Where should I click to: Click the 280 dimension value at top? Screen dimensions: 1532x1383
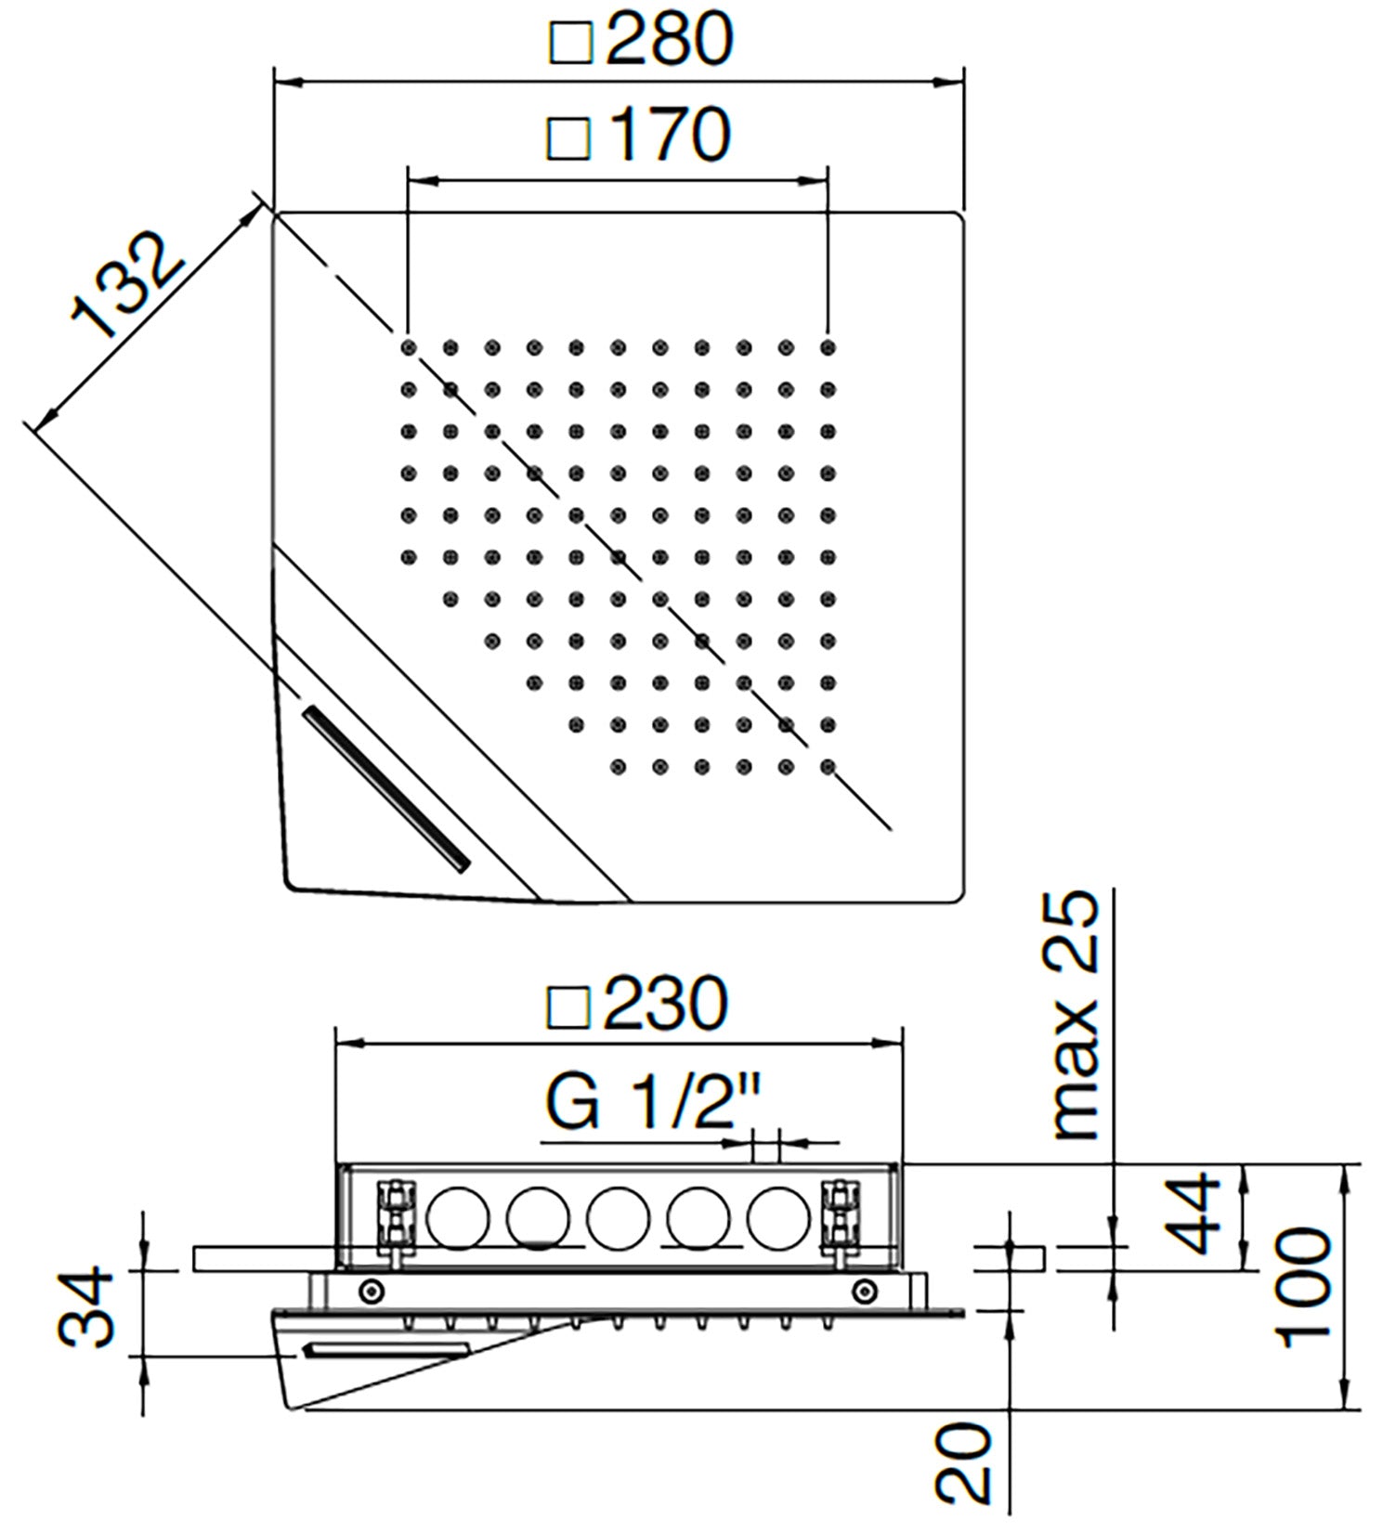(669, 40)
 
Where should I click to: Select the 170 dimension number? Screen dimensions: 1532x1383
(671, 136)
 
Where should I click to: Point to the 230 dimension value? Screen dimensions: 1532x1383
(665, 1004)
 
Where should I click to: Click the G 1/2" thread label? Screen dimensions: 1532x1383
(652, 1102)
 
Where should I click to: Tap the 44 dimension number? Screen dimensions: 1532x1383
(1193, 1214)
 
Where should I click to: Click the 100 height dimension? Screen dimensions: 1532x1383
(1305, 1287)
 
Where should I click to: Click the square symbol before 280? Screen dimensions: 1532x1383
(570, 43)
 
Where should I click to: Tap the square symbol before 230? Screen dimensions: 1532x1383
(568, 1006)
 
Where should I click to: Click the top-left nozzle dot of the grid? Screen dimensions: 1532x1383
(409, 348)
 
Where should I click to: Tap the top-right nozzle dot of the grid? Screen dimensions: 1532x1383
(828, 348)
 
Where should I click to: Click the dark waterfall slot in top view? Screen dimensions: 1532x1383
(385, 788)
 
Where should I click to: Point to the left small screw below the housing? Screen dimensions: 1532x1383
(371, 1290)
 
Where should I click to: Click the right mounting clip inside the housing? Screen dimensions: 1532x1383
(841, 1216)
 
